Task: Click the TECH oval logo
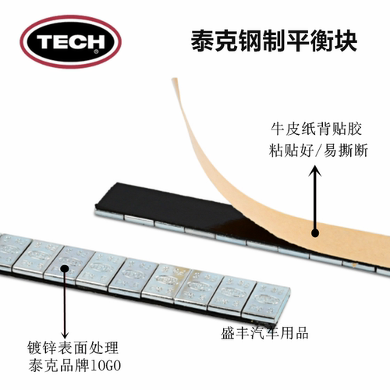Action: coord(71,41)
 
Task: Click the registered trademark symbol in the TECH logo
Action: coord(96,51)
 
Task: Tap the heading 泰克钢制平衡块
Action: coord(274,41)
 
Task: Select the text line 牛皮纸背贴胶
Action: coord(316,129)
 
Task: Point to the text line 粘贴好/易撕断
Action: coord(318,151)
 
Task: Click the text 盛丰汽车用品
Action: coord(264,333)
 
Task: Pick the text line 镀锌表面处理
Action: coord(73,348)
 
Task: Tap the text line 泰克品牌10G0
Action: coord(75,365)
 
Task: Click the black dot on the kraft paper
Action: coord(315,232)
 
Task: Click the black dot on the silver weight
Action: coord(65,268)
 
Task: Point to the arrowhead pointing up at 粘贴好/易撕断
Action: coord(315,171)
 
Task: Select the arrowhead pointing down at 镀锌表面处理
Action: coord(65,334)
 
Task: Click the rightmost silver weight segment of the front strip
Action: coord(267,300)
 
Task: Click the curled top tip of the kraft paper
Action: coord(175,79)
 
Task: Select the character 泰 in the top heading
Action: coord(203,41)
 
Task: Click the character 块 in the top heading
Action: coord(346,41)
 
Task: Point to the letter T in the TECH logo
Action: coord(45,41)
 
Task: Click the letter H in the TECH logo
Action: coord(95,41)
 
